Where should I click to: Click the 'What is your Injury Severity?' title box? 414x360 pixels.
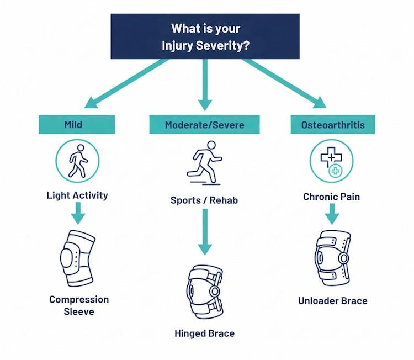pos(205,36)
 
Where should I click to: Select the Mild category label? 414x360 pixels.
pos(77,125)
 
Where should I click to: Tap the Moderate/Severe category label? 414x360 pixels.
pos(204,125)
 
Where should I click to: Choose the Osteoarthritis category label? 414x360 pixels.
pos(332,125)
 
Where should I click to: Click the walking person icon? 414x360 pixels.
pos(77,161)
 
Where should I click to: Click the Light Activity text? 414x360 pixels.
pos(77,195)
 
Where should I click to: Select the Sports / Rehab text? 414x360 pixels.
pos(204,200)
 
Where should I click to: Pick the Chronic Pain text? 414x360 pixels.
pos(332,197)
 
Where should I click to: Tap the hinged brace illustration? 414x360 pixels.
pos(204,292)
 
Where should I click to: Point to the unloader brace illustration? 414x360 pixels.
pos(332,257)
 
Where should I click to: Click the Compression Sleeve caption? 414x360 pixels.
pos(79,305)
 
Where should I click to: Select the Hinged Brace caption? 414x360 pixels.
pos(204,333)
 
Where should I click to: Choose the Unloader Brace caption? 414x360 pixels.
pos(332,301)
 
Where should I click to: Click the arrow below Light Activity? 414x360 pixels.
pos(77,212)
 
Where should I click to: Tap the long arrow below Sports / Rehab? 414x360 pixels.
pos(204,232)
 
